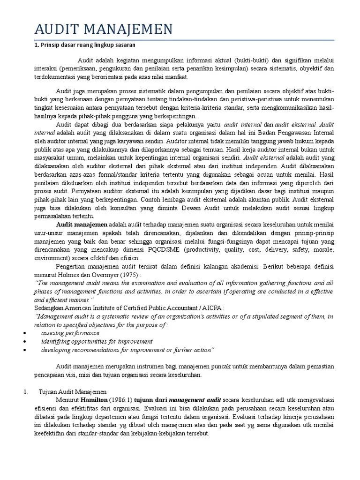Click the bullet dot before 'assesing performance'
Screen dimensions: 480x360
[24, 333]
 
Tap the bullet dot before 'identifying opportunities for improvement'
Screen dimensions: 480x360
[24, 341]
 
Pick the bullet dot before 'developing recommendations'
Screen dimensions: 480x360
[24, 350]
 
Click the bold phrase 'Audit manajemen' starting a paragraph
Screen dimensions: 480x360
[82, 225]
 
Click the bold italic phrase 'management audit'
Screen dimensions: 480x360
[194, 400]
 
